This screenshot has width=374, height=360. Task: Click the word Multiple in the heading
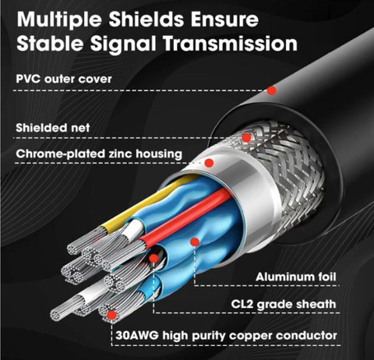(59, 20)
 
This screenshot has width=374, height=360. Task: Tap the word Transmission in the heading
(231, 43)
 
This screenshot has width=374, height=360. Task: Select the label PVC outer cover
(64, 79)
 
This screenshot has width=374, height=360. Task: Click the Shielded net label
(53, 128)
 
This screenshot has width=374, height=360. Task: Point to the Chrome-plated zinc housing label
(99, 154)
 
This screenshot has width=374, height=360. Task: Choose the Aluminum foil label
(296, 277)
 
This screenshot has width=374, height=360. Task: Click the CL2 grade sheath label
(284, 304)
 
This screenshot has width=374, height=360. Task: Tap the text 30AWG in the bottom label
(136, 336)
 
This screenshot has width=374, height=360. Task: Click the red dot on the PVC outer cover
(272, 90)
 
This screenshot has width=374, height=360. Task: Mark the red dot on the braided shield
(246, 138)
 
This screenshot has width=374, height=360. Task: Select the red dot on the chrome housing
(209, 163)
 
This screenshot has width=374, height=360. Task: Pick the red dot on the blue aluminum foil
(195, 242)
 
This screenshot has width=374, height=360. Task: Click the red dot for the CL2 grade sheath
(153, 258)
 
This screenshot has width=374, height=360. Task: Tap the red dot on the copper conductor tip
(112, 315)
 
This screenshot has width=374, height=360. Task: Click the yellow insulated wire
(146, 202)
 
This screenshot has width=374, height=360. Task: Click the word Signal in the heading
(123, 44)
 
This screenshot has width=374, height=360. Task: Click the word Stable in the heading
(50, 43)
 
